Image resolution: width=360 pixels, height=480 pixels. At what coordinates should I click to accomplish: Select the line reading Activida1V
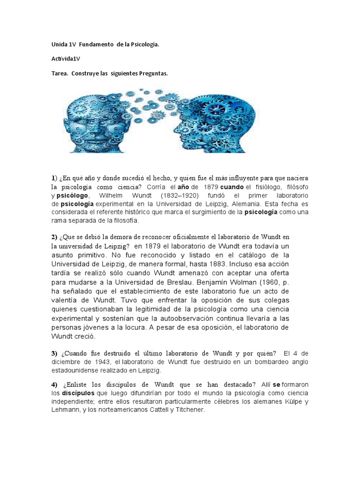(66, 59)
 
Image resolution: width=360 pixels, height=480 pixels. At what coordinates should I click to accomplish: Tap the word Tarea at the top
(60, 74)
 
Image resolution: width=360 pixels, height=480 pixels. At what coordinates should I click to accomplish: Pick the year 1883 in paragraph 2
(201, 264)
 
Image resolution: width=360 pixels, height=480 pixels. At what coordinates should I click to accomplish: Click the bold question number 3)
(54, 353)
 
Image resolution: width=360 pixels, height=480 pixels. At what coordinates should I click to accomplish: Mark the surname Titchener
(185, 410)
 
